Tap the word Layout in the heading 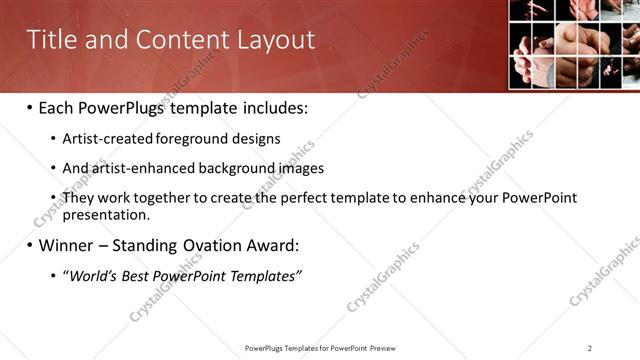[x=276, y=40]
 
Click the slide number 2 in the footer [x=590, y=348]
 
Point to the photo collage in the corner [x=574, y=45]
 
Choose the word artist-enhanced [x=135, y=168]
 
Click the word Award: [x=270, y=245]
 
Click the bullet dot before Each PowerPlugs [x=29, y=108]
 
